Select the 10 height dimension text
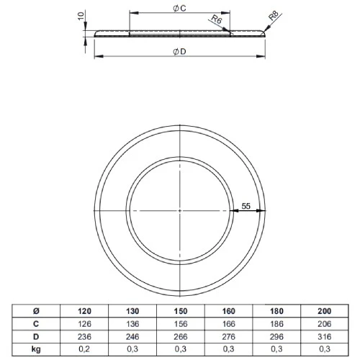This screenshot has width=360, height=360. coord(81,15)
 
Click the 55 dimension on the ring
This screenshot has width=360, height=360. coord(246,205)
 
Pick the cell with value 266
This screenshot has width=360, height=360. coord(181,336)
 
